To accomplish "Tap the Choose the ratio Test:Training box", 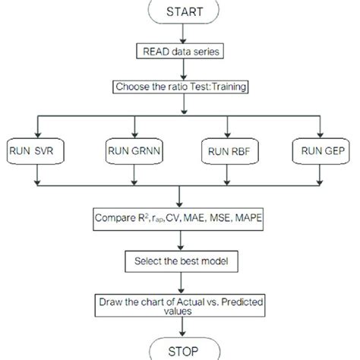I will (180, 87).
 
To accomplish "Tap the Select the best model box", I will (180, 262).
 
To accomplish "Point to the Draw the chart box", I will (180, 305).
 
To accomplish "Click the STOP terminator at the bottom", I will (180, 351).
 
